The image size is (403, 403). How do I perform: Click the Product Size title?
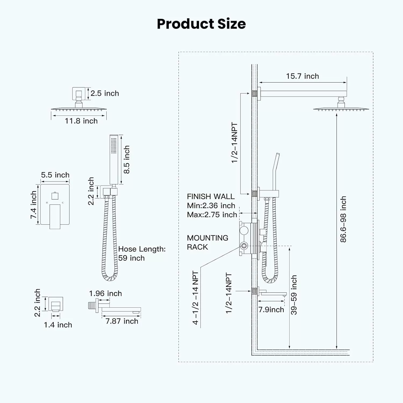click(201, 24)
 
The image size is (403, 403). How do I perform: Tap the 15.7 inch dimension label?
click(303, 76)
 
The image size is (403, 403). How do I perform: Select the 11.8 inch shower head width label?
click(81, 121)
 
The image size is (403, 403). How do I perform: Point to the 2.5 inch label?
click(105, 93)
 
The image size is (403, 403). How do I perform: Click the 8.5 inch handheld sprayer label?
click(127, 160)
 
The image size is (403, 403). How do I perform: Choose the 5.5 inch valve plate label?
click(55, 175)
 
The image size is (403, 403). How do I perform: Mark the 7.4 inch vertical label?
click(33, 205)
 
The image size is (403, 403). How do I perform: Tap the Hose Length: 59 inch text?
click(142, 253)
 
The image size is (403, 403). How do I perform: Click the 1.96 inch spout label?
click(105, 293)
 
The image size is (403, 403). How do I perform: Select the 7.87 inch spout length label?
click(122, 321)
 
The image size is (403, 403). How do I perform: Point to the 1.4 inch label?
click(58, 325)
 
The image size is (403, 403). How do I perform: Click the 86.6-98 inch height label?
click(343, 219)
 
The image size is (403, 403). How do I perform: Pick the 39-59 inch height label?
click(294, 295)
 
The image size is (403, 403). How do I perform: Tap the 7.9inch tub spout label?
click(271, 310)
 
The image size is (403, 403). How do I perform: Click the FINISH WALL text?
click(211, 196)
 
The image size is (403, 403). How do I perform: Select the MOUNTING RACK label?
click(207, 242)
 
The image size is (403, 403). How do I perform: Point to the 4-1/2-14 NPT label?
click(195, 298)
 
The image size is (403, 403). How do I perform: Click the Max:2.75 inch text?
click(212, 215)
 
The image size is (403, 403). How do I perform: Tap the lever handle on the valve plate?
click(55, 217)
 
